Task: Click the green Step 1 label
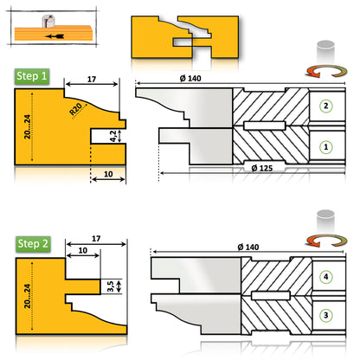(32, 77)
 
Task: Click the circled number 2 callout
(325, 106)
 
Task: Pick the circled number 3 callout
(325, 316)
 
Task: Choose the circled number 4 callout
(325, 276)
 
